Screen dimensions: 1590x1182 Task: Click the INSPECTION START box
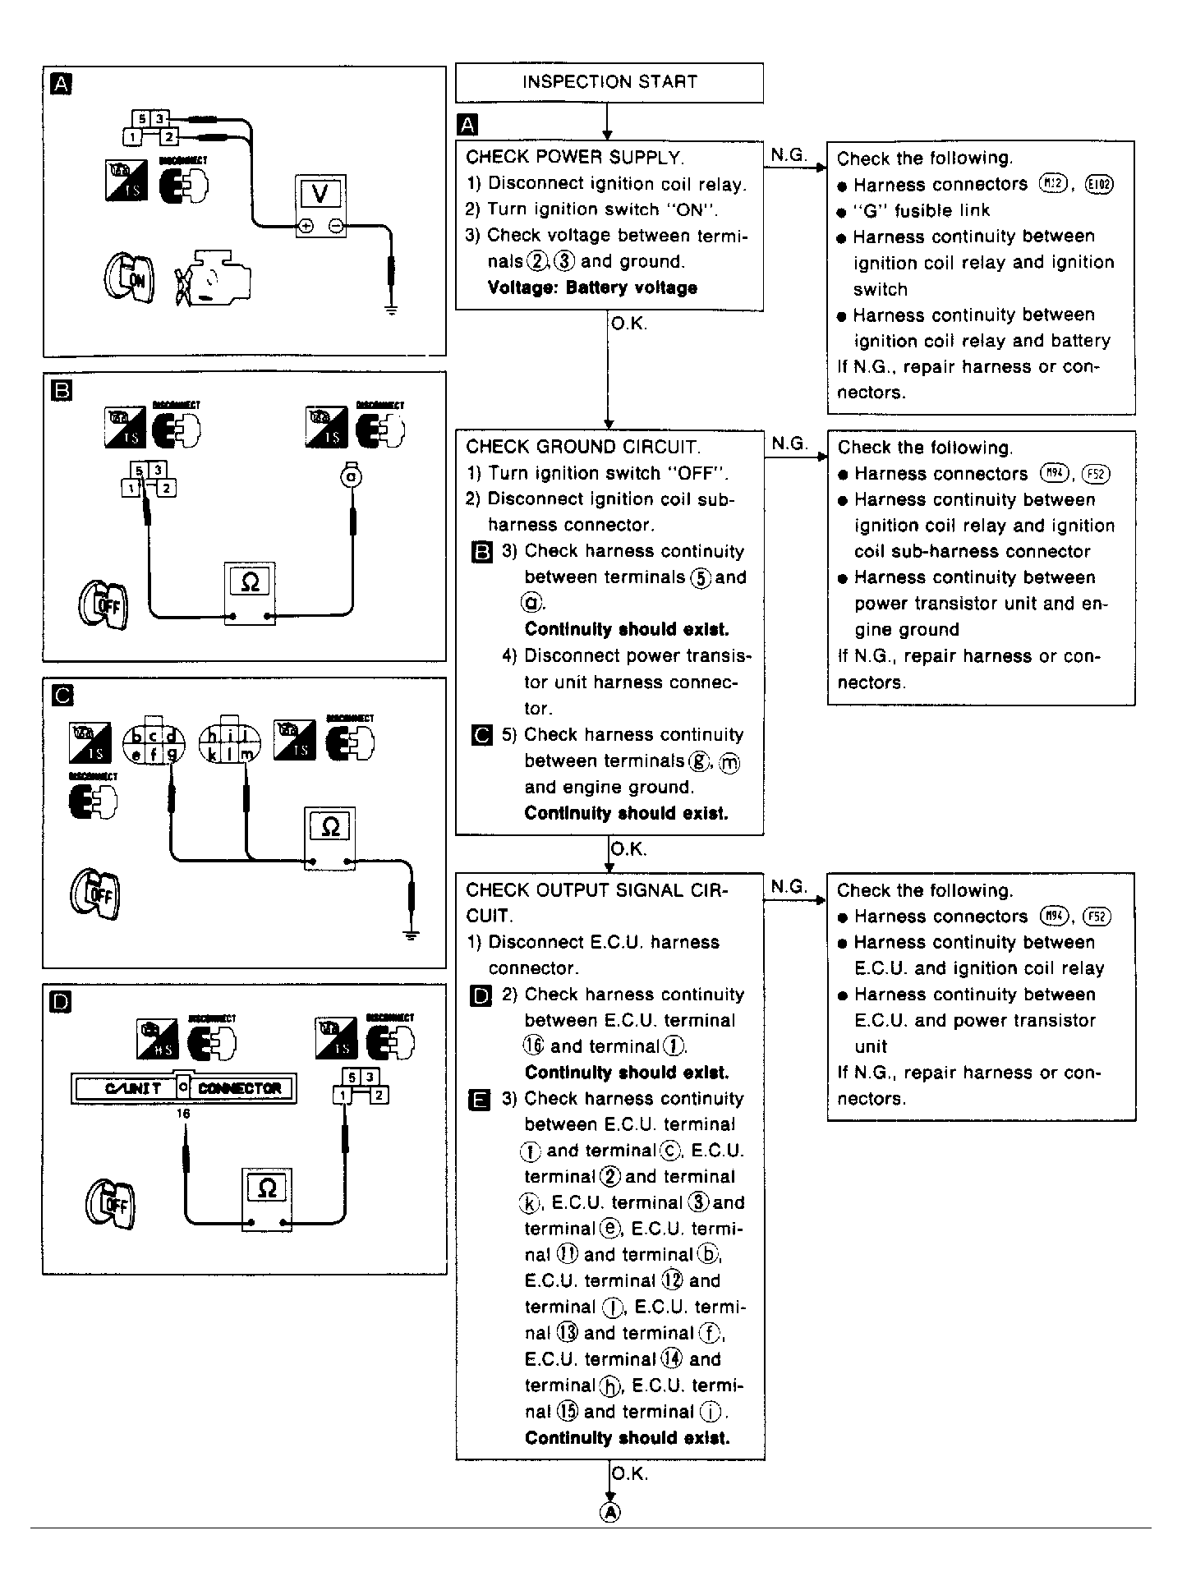pos(609,82)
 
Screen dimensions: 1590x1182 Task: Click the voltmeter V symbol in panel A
pos(321,194)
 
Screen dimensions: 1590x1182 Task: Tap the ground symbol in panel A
pos(391,310)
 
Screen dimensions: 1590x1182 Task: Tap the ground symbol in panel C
pos(412,935)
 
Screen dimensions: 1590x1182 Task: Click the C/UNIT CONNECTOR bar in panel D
pos(184,1088)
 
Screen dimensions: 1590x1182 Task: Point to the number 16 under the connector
pos(182,1114)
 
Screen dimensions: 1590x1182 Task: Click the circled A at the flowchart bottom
pos(609,1512)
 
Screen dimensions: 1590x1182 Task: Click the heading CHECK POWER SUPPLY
pos(574,158)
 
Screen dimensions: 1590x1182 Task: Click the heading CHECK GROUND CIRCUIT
pos(583,447)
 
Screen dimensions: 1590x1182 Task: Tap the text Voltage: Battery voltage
pos(591,287)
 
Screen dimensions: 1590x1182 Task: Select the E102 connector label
pos(1098,184)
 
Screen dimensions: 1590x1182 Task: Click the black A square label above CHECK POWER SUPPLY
pos(467,125)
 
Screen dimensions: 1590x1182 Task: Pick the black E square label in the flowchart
pos(481,1100)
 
